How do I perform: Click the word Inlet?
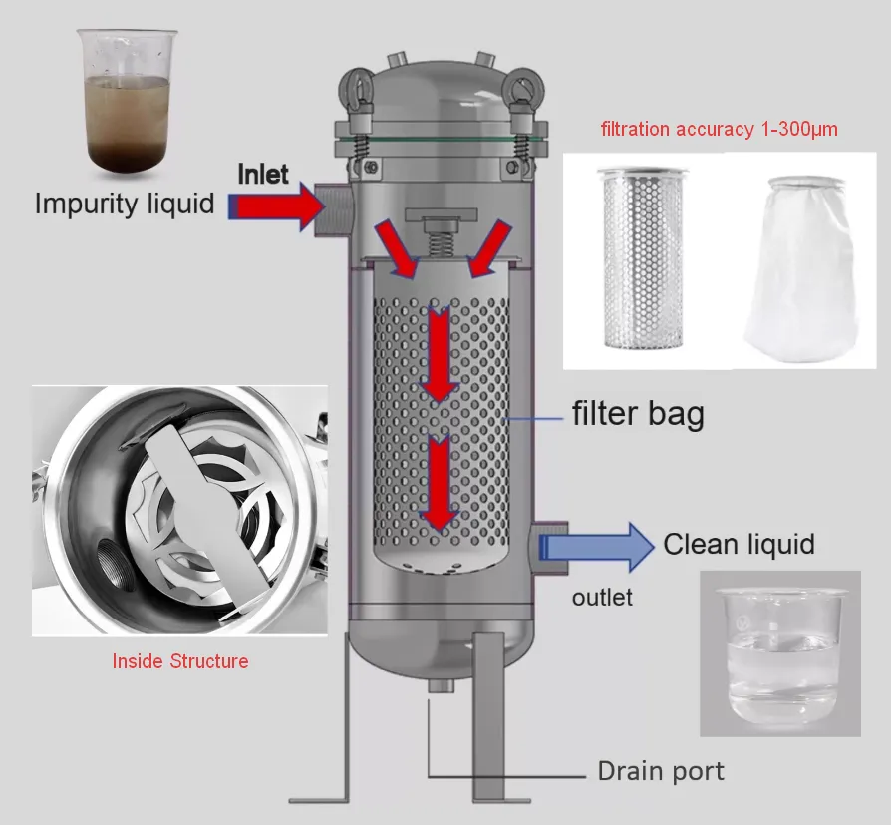263,174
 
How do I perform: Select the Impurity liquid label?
125,205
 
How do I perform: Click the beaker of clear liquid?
780,653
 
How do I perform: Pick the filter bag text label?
637,412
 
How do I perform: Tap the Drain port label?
660,771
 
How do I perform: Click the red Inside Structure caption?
180,661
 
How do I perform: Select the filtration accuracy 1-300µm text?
719,129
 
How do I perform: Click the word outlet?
602,598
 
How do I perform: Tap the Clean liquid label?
739,544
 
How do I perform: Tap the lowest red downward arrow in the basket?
438,486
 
